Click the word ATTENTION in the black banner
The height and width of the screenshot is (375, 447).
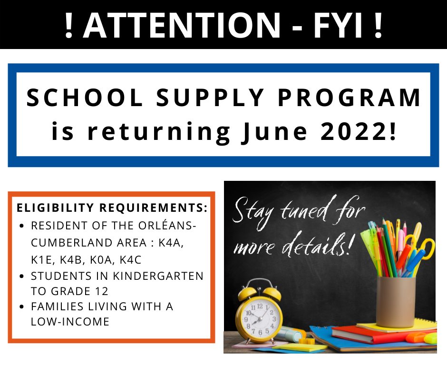tap(182, 25)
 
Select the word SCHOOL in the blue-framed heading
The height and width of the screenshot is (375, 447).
tap(85, 98)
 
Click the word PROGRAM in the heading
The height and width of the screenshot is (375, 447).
tap(350, 98)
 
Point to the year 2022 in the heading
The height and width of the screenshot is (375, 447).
tap(354, 131)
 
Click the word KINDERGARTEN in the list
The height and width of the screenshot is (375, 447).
tap(158, 276)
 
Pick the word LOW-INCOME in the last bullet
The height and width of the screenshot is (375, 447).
tap(70, 322)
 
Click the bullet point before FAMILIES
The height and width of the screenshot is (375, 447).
tap(21, 307)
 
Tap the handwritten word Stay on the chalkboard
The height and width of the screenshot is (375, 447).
tap(253, 212)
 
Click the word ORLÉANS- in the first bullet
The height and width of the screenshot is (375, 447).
tap(167, 226)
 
